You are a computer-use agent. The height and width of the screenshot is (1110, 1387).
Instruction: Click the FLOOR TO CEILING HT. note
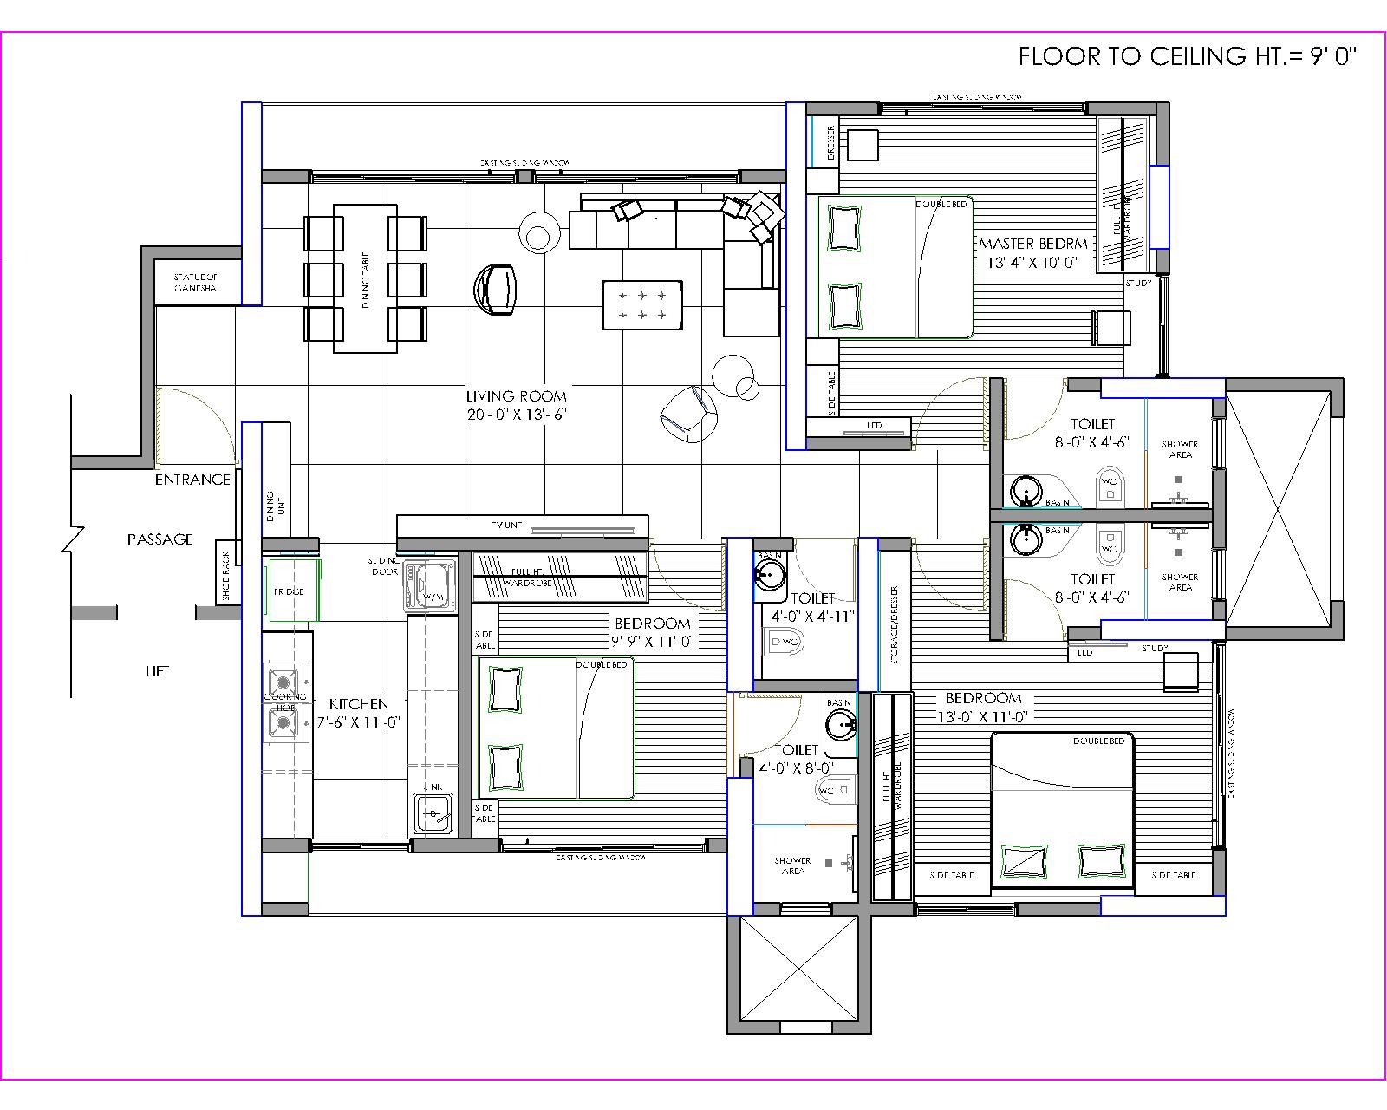(1187, 57)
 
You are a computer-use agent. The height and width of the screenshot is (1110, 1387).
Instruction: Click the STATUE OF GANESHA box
(197, 283)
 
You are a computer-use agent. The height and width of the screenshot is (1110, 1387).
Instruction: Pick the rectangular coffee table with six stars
(642, 304)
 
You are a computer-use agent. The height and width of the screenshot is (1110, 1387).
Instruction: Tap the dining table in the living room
(365, 278)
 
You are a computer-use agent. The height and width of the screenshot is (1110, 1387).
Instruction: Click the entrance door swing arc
(212, 416)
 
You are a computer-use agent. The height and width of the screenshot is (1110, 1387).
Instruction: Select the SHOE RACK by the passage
(226, 576)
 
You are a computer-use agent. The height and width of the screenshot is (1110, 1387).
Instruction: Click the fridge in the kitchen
(293, 591)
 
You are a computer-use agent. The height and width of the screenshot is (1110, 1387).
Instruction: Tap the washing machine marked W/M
(430, 586)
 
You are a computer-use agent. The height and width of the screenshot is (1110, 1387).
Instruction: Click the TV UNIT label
(505, 526)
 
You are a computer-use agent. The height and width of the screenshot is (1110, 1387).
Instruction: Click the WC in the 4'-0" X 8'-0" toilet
(833, 791)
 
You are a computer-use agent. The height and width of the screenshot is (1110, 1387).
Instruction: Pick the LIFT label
(157, 671)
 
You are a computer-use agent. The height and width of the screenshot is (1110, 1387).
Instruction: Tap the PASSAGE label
(160, 539)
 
